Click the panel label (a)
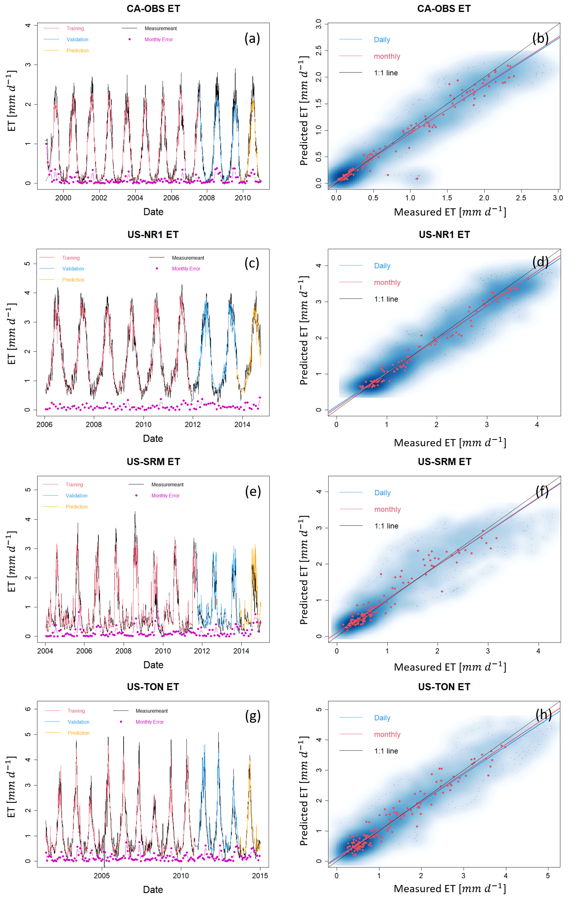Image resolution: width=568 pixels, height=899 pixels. pos(252,38)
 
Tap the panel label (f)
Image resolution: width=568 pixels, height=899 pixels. pos(542,491)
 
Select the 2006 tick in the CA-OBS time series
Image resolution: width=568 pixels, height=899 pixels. pos(171,198)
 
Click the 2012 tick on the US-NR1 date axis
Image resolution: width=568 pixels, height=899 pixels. pos(193,424)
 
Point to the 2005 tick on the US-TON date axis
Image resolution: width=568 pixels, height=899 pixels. pos(102,875)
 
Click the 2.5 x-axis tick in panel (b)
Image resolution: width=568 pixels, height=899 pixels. pos(521,198)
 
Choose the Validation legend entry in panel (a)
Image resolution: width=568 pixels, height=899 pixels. pos(77,40)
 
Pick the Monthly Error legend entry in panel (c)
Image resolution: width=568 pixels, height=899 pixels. pos(186,269)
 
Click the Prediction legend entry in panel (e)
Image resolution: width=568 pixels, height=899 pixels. pos(76,507)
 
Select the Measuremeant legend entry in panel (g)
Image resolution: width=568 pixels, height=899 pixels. pos(151,711)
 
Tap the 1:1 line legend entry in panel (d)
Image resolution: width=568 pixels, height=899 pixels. pos(386,299)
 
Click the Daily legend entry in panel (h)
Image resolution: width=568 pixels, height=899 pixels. pos(382,718)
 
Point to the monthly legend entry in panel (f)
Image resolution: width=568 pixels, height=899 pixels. pos(387,509)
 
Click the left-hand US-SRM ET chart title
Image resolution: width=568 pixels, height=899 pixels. pos(153,462)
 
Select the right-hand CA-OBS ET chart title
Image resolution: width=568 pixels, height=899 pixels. pos(444,8)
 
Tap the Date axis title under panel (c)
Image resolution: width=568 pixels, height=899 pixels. pos(153,438)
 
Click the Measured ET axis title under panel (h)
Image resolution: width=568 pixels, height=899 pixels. pos(450,889)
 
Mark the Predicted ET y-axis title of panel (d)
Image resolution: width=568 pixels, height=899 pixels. pos(304,331)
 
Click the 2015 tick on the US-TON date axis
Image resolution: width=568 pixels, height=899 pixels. pos(260,875)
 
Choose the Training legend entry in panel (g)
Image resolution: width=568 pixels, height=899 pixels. pos(76,711)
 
